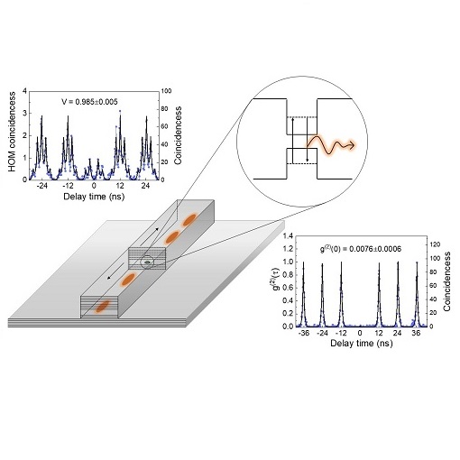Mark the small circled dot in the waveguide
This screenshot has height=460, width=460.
pyautogui.click(x=147, y=262)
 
